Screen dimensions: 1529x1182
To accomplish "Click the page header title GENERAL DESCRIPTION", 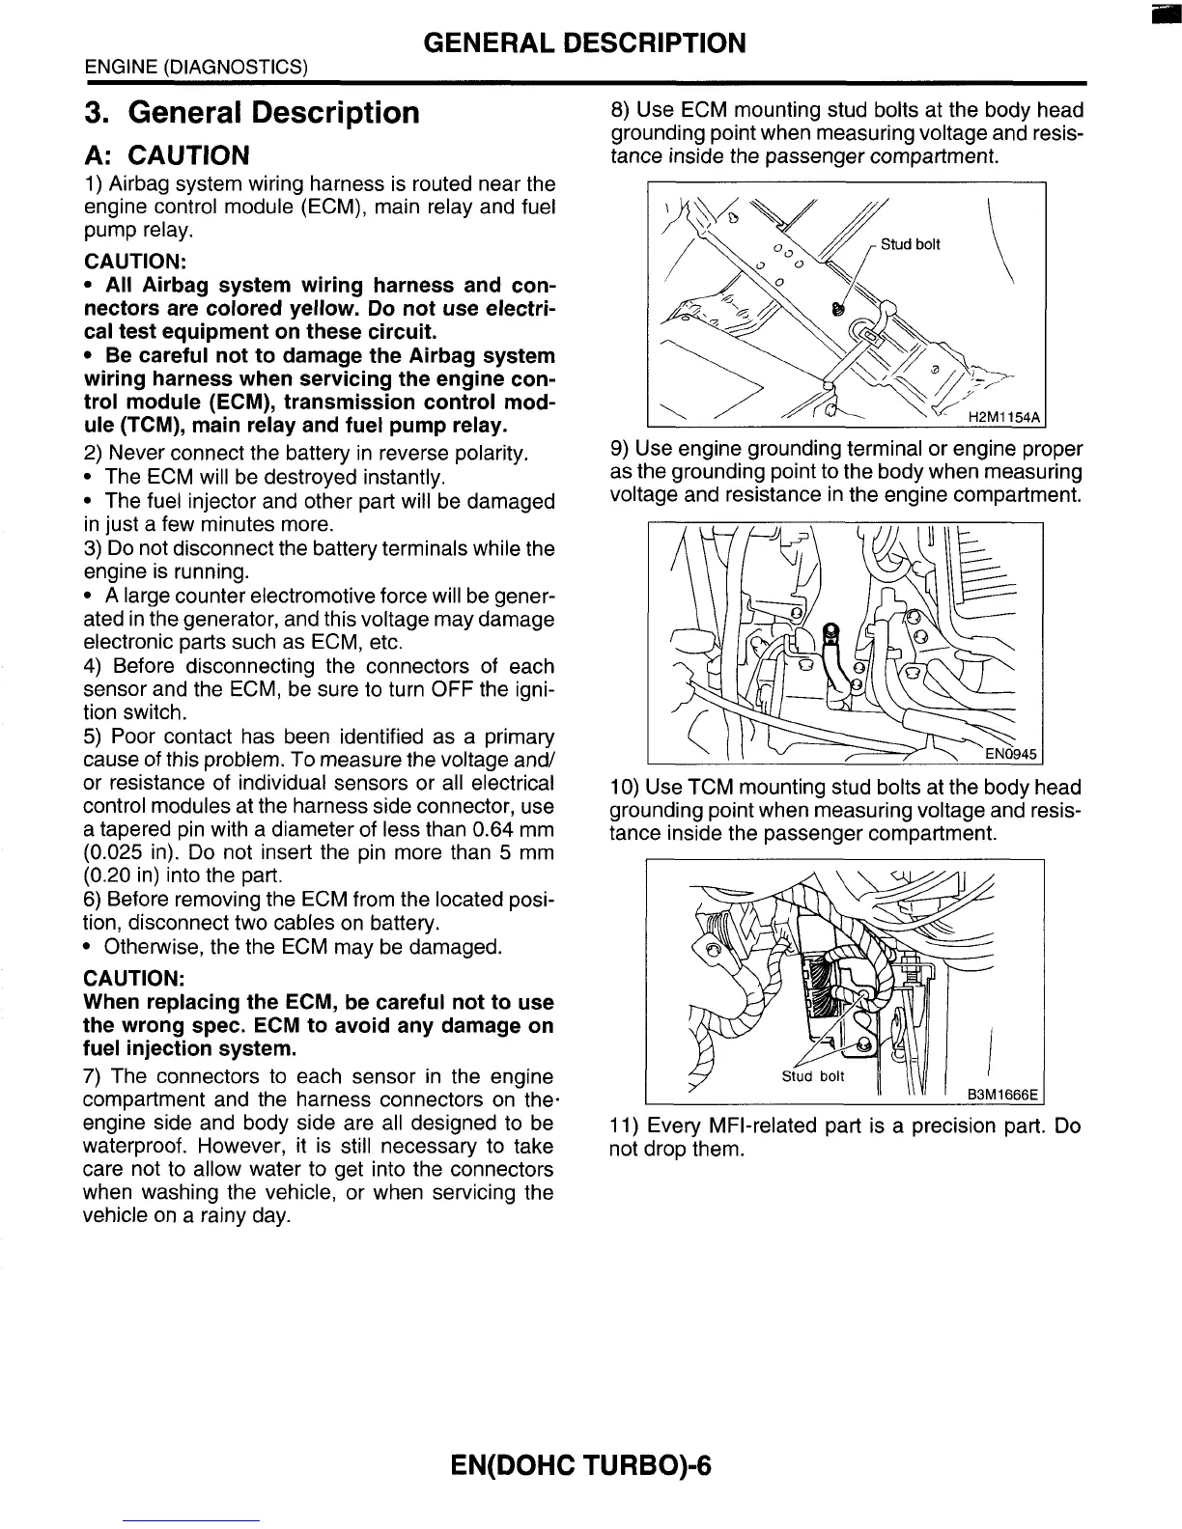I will (585, 43).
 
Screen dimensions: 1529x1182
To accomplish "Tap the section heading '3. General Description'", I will (251, 113).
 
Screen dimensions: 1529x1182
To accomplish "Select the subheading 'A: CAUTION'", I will (166, 155).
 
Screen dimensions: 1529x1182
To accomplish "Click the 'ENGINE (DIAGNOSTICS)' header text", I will (196, 68).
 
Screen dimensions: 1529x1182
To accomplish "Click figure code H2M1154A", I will (1004, 417).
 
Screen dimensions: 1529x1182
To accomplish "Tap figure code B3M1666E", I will (1004, 1094).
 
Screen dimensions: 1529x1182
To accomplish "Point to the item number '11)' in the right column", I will (624, 1126).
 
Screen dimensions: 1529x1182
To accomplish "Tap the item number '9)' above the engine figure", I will (620, 449).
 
